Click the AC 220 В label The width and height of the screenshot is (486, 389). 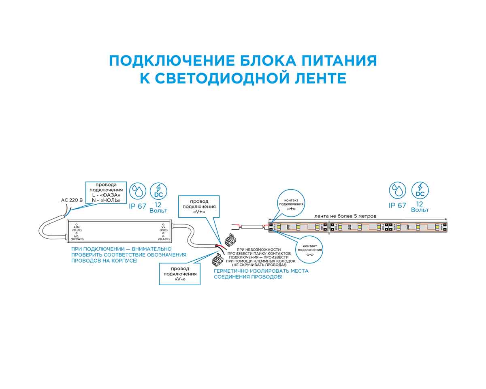72,200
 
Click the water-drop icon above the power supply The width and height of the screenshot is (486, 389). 138,191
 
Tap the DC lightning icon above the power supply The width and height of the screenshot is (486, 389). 158,191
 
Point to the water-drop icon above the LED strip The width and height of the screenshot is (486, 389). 397,191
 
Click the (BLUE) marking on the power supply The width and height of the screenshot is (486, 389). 77,230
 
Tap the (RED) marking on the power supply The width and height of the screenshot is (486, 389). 164,230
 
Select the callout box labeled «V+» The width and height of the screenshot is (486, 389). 199,206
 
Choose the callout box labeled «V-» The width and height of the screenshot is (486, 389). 180,274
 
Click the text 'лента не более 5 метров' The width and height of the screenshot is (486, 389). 345,216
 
